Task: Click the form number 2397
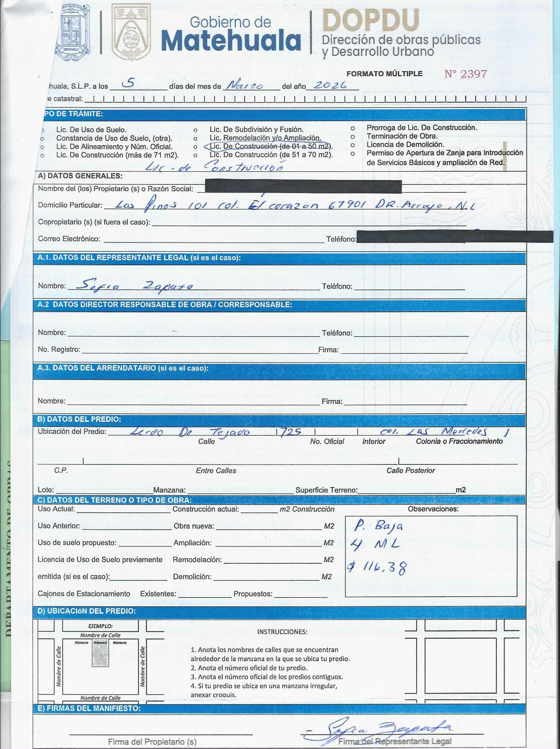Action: click(465, 74)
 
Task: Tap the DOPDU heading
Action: click(371, 20)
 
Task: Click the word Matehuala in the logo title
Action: click(231, 41)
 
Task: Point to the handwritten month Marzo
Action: click(245, 86)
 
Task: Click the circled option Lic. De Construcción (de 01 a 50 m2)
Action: click(270, 146)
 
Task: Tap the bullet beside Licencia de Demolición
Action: click(352, 145)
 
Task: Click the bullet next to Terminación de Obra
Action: click(352, 136)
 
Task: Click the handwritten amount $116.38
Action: click(376, 567)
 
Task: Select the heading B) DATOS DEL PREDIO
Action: click(79, 419)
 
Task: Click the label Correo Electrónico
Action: click(69, 239)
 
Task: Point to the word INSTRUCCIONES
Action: click(282, 631)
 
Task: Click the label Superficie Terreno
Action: click(326, 490)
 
